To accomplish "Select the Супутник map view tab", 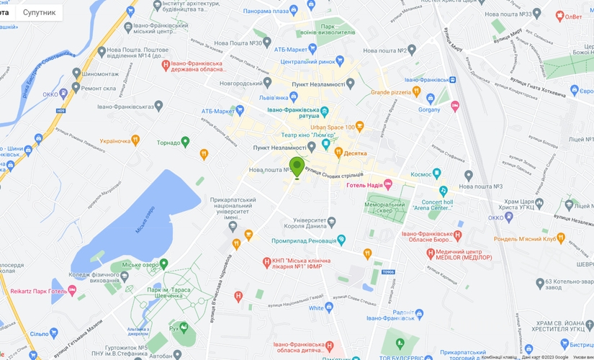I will [x=39, y=12].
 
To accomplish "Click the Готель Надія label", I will [x=364, y=185].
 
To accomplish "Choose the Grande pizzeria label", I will [x=390, y=92].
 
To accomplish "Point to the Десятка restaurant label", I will [x=354, y=153].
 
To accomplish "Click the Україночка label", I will [x=114, y=140].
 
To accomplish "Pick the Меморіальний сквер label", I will [x=386, y=208].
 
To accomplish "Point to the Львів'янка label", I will [x=274, y=97].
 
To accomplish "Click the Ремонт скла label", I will [x=99, y=88].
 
